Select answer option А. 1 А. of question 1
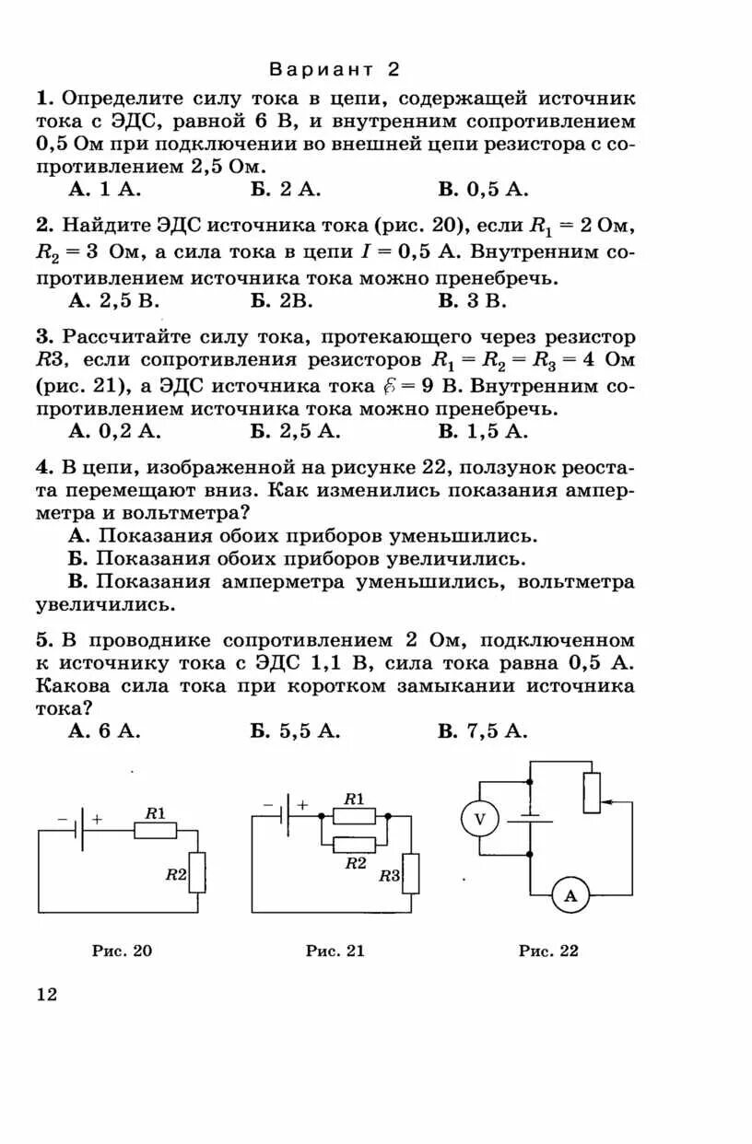[x=104, y=190]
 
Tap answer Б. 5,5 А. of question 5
[x=295, y=730]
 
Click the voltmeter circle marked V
[x=479, y=818]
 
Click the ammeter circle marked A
[x=570, y=894]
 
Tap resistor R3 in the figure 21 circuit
[x=411, y=873]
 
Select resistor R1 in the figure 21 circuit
[x=354, y=815]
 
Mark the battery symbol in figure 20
[x=81, y=828]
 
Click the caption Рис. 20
[x=123, y=951]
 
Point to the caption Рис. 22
[x=548, y=951]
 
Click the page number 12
[x=46, y=995]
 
